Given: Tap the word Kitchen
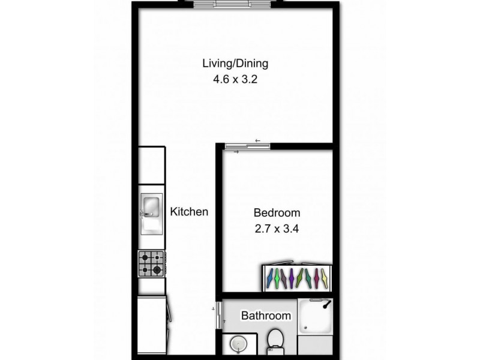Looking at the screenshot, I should tap(189, 212).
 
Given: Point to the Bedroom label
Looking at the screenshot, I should tap(277, 213).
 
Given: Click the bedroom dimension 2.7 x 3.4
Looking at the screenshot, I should tap(277, 228).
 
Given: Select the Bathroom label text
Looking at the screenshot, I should tap(266, 316).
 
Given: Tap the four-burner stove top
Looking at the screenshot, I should tap(151, 263).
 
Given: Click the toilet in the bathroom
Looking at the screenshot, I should tap(275, 340).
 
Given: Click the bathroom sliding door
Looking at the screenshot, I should tap(218, 315).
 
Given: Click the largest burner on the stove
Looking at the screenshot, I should tap(157, 270).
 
